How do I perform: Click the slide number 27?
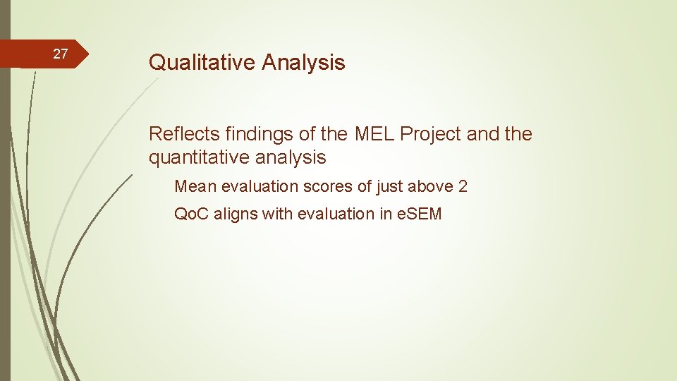[x=61, y=54]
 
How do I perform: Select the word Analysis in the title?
[x=304, y=63]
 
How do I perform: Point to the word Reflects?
[x=184, y=133]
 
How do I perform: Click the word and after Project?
[x=482, y=133]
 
